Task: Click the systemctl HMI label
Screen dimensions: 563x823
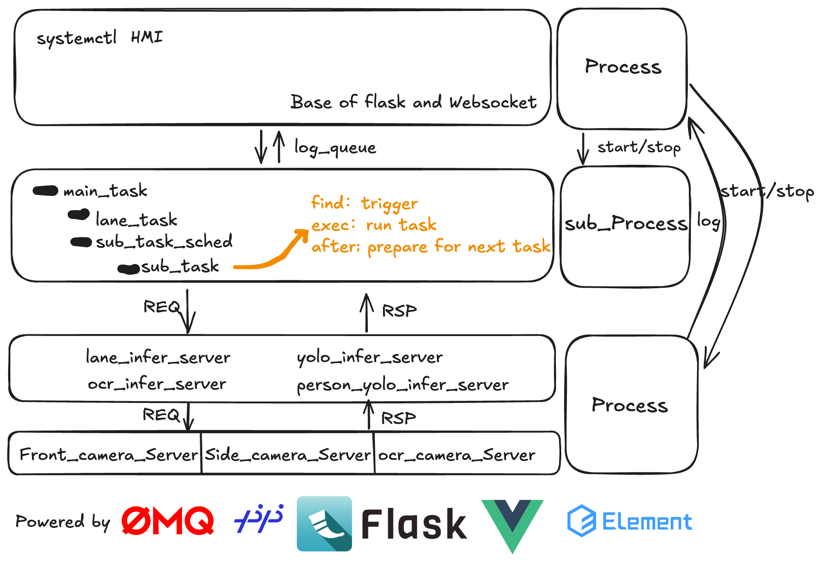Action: click(x=100, y=38)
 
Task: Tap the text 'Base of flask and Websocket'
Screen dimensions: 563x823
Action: click(x=413, y=102)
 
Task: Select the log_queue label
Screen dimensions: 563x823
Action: click(x=335, y=148)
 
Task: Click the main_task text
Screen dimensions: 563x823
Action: click(x=105, y=191)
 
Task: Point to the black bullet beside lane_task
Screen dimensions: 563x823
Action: click(x=79, y=214)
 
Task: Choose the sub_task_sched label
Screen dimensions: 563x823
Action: click(x=164, y=242)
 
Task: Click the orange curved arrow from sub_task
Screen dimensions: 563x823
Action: click(x=276, y=255)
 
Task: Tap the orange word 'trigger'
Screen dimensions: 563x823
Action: click(x=389, y=204)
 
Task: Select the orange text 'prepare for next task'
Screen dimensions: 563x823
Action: click(x=459, y=247)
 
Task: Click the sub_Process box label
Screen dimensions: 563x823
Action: click(x=625, y=223)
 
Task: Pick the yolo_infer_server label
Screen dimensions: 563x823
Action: click(x=370, y=358)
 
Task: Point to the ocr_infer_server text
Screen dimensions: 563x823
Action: click(x=157, y=384)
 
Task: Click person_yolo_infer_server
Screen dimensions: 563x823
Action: click(x=402, y=385)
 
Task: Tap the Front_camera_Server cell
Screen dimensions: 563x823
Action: click(x=109, y=455)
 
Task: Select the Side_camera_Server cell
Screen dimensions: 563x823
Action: click(x=288, y=455)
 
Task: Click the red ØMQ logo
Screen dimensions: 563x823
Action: click(x=167, y=521)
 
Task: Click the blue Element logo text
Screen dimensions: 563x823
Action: click(x=647, y=522)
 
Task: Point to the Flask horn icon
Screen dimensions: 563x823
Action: click(x=324, y=523)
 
